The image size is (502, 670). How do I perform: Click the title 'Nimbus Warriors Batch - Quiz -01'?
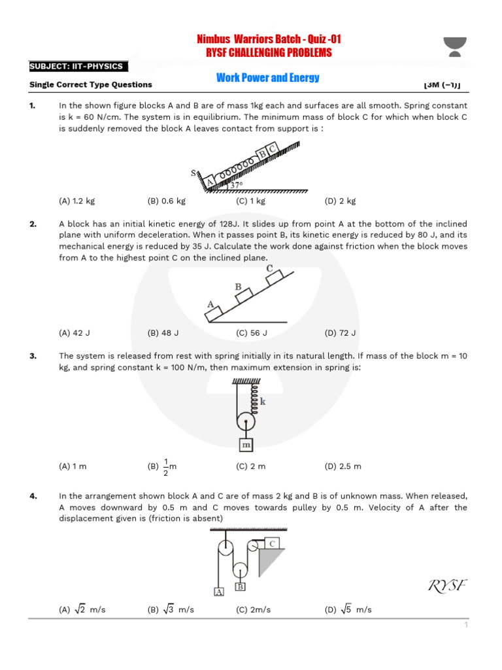[269, 40]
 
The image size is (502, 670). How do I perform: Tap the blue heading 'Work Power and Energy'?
[268, 78]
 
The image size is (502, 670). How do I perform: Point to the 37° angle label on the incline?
[237, 185]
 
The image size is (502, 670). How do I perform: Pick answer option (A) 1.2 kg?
[76, 201]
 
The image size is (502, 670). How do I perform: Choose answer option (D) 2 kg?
[340, 201]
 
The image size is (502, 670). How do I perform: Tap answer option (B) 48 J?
[163, 332]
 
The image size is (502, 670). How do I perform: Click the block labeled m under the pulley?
[246, 445]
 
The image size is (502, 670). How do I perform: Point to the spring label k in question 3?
[263, 402]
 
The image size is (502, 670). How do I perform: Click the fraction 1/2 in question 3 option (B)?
[166, 467]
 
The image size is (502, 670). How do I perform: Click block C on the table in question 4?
[271, 543]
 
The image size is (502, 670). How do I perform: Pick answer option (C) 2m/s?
[253, 610]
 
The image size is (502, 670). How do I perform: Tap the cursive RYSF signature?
[448, 585]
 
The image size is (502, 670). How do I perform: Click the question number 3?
[33, 356]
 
